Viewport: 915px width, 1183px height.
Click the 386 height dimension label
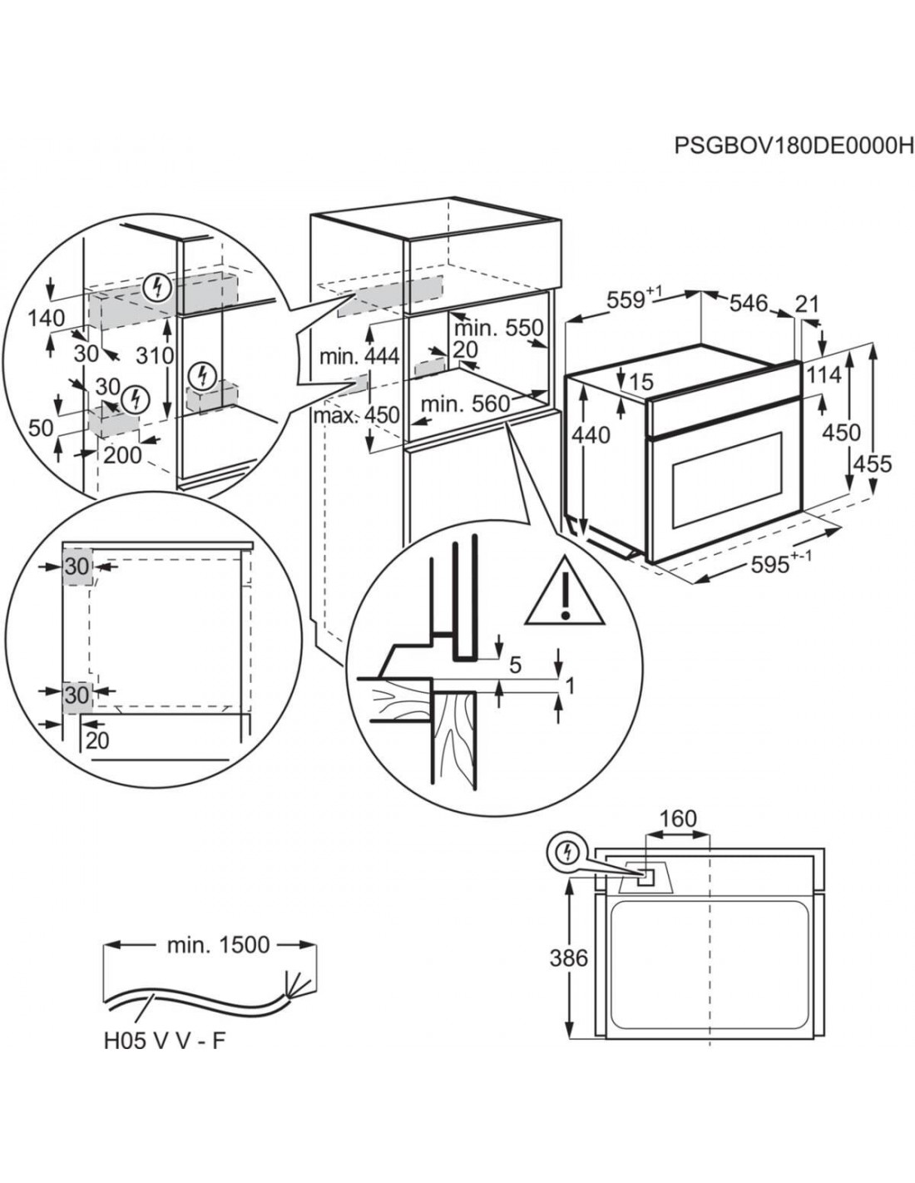point(568,958)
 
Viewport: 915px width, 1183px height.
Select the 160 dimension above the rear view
point(677,819)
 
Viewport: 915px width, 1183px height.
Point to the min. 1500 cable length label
point(218,944)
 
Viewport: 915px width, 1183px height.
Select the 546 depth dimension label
point(749,304)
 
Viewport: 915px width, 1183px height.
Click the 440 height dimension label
point(591,434)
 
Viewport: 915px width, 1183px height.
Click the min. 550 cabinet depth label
point(497,327)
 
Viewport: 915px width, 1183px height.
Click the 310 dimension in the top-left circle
point(156,355)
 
